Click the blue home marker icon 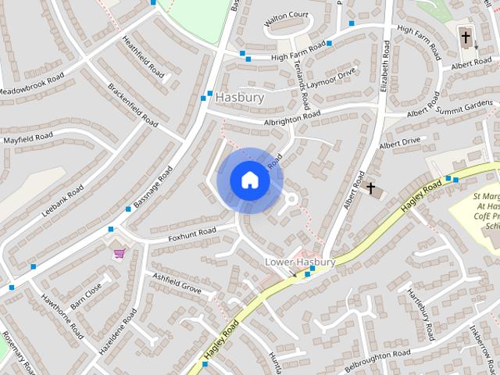[250, 180]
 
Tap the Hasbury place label [240, 98]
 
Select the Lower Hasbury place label [300, 262]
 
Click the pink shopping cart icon [120, 253]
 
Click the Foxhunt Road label [191, 233]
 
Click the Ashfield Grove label [177, 282]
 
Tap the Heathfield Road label [143, 57]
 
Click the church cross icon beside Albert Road [371, 188]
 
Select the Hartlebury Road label [420, 313]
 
